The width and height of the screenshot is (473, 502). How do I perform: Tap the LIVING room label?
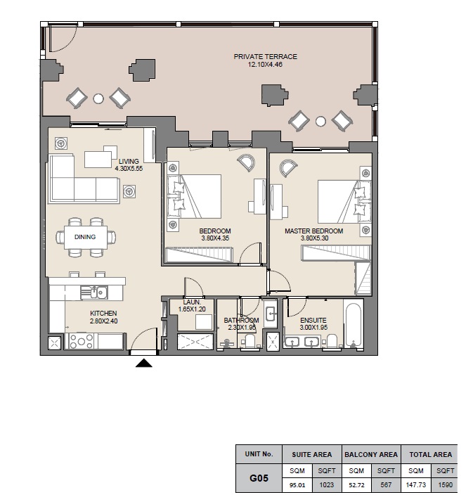tap(129, 161)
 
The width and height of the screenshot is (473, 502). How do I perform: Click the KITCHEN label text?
tap(103, 313)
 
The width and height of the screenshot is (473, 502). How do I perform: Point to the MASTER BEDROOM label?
tap(313, 231)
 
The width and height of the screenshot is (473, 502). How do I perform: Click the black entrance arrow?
tap(143, 363)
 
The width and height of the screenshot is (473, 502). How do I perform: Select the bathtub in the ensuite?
tap(353, 325)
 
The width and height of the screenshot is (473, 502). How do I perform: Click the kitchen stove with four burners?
tap(81, 342)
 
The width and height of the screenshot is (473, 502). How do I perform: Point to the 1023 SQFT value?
tap(327, 484)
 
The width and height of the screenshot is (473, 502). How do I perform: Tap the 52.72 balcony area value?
tap(356, 484)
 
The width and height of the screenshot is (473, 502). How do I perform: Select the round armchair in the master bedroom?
tap(288, 167)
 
